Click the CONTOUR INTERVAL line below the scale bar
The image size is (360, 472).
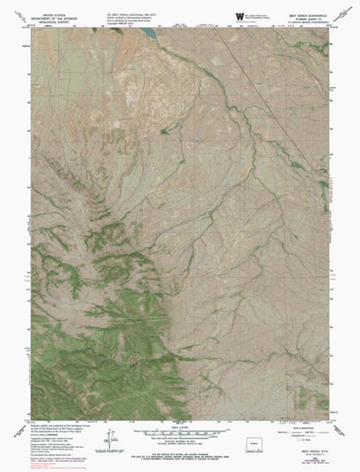point(180,440)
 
